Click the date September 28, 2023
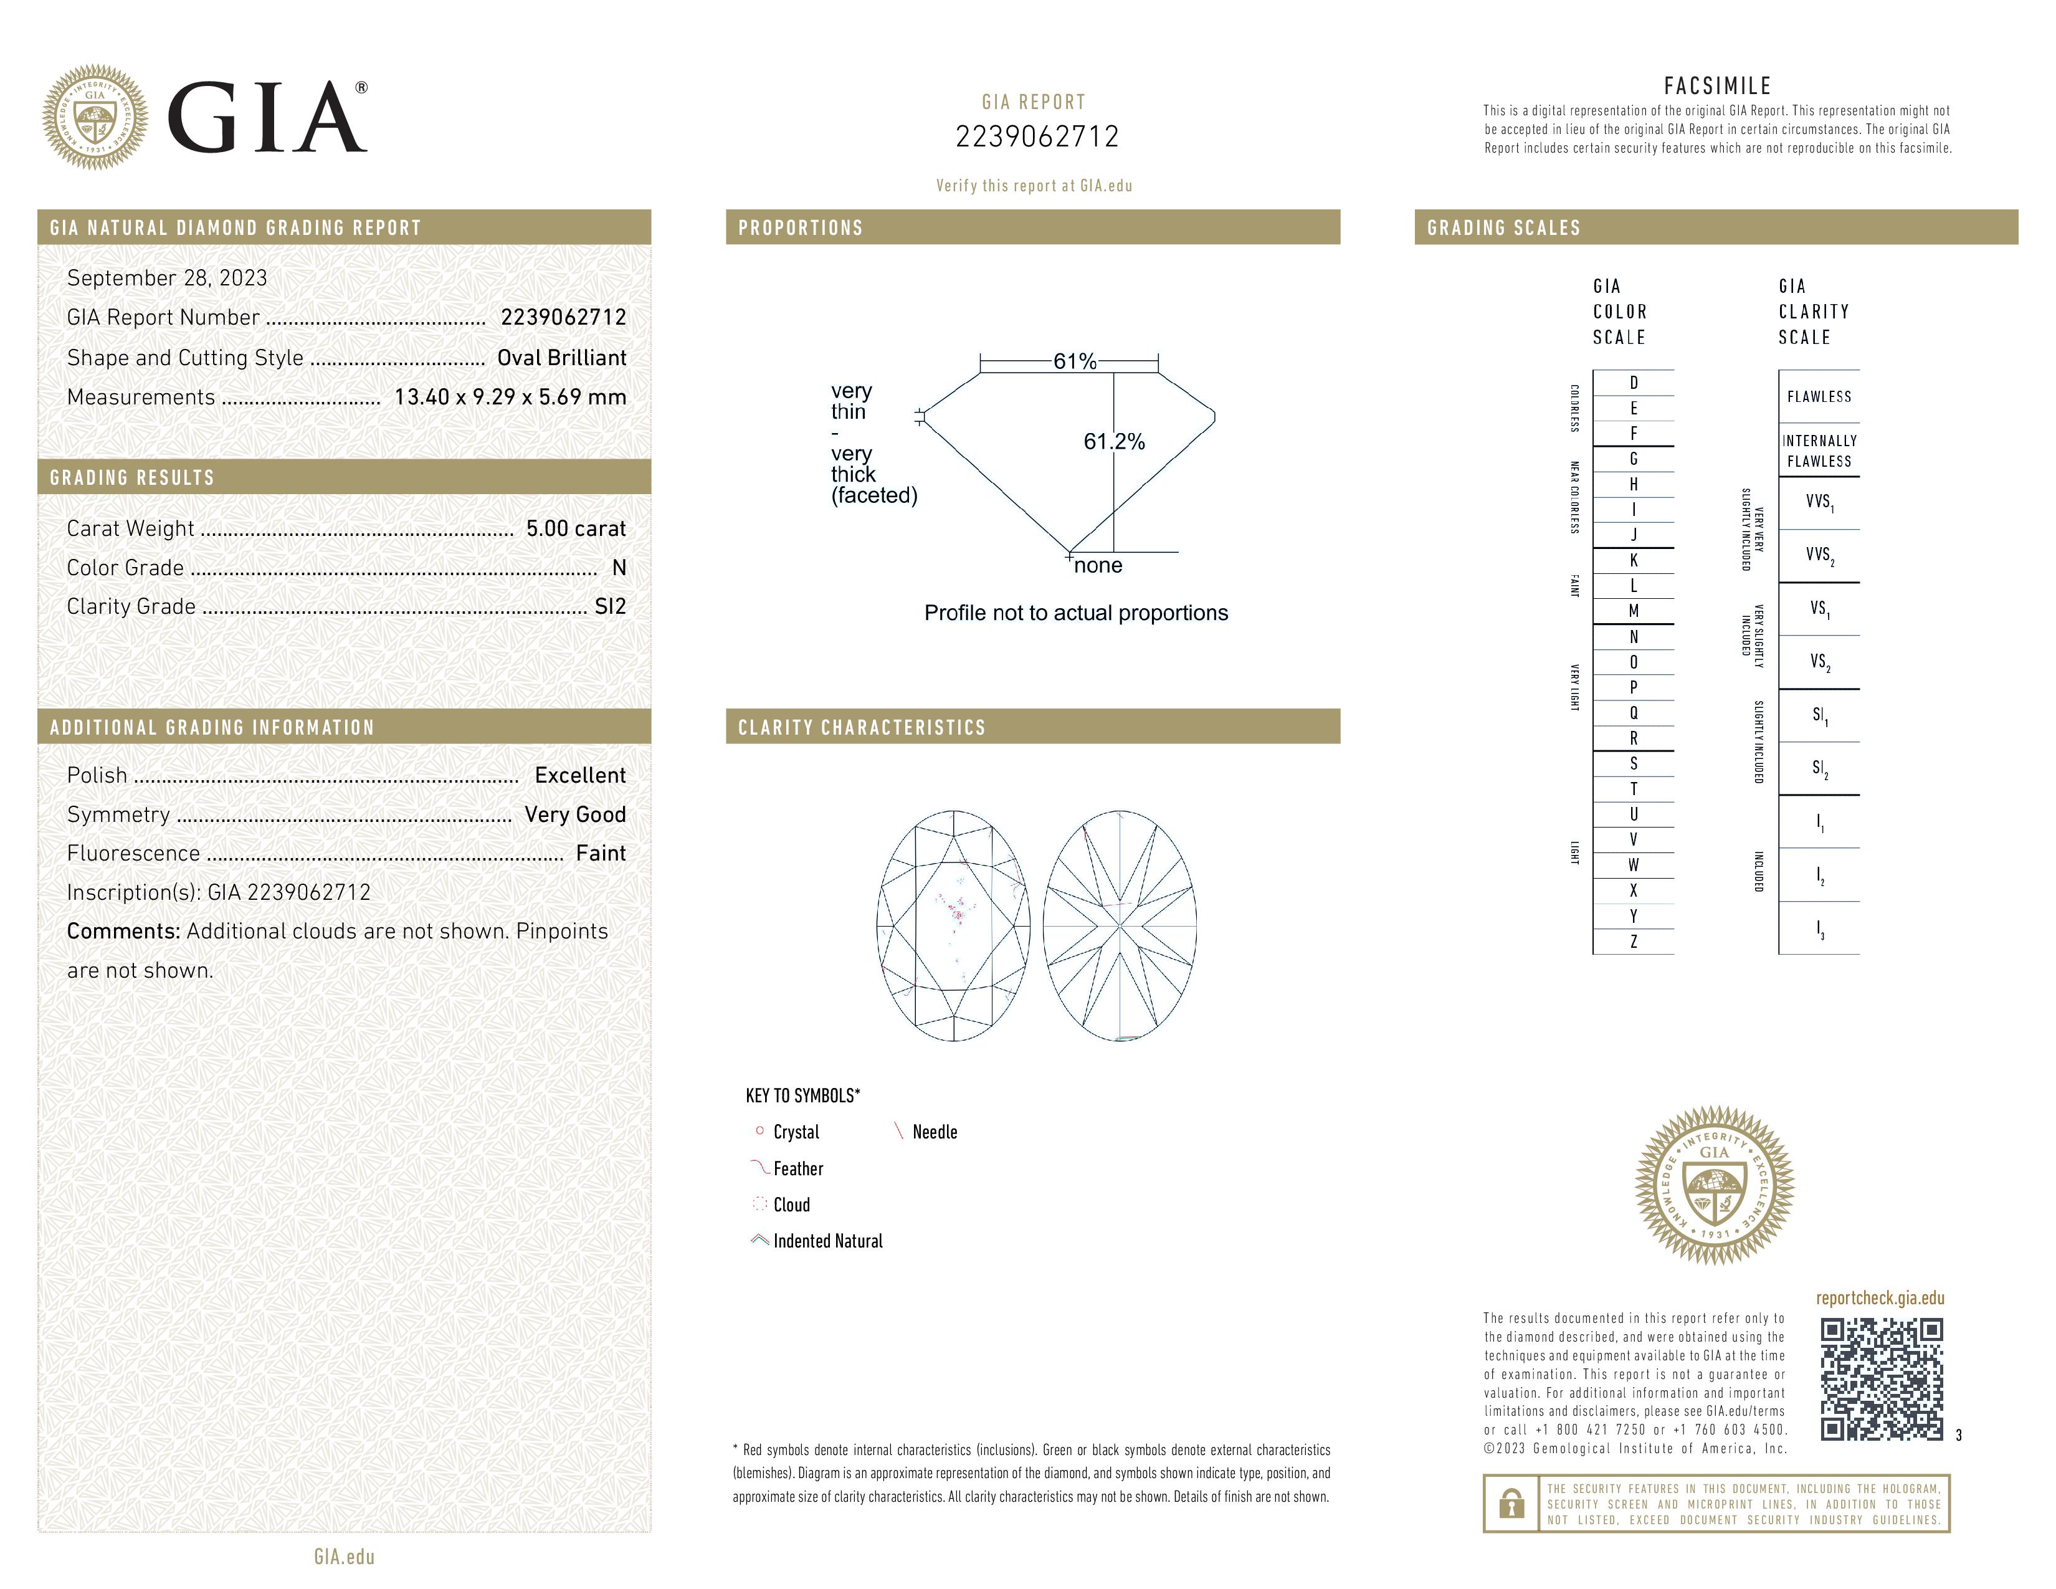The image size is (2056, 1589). tap(166, 278)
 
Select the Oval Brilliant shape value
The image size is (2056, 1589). tap(561, 358)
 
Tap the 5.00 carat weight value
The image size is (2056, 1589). tap(575, 528)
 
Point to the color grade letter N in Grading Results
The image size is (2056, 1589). tap(619, 568)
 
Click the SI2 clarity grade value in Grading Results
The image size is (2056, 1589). tap(609, 606)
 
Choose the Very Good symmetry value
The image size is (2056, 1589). tap(574, 814)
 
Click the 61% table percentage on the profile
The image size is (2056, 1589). tap(1074, 361)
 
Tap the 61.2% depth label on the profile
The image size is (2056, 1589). tap(1114, 442)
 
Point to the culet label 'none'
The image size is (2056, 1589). tap(1098, 566)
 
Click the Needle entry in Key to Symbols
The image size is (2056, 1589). tap(934, 1132)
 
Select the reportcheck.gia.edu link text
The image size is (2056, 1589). tap(1879, 1298)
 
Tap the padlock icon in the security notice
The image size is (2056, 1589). tap(1511, 1504)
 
